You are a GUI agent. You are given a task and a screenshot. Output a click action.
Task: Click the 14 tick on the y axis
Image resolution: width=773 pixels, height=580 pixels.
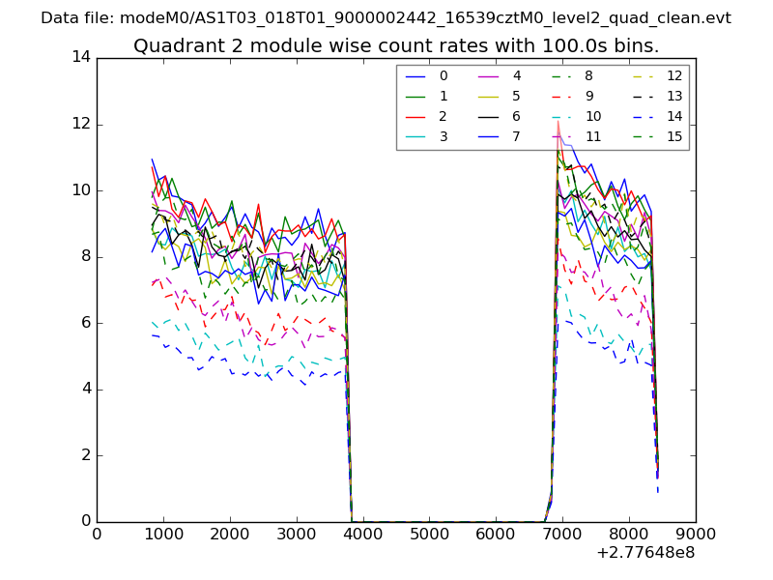(81, 57)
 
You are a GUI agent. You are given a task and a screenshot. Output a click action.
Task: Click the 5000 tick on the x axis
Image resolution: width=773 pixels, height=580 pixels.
(429, 533)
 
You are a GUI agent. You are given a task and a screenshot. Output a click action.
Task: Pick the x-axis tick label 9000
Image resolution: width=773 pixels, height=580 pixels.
(695, 533)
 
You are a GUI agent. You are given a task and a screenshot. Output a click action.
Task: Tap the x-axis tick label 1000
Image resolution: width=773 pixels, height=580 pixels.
(163, 533)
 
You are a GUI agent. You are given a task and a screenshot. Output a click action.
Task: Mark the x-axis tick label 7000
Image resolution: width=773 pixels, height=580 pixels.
(562, 533)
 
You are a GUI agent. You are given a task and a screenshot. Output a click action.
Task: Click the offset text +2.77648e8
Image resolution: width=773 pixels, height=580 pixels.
(646, 553)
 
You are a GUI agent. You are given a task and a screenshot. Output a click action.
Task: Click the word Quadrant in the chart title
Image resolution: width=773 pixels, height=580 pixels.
(173, 46)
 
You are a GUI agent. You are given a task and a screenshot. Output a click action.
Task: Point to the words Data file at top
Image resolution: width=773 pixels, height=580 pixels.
(74, 18)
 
